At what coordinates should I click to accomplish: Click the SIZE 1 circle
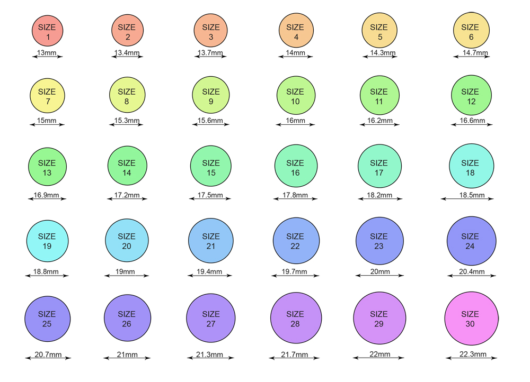[x=48, y=31]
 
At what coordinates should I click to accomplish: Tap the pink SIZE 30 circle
[x=471, y=319]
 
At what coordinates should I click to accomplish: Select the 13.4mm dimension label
[x=127, y=52]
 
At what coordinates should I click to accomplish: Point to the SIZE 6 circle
[x=470, y=31]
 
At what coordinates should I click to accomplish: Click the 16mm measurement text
[x=295, y=121]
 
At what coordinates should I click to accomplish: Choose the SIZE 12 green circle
[x=470, y=96]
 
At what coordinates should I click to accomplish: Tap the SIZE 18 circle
[x=471, y=167]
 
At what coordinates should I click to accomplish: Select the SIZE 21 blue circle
[x=211, y=241]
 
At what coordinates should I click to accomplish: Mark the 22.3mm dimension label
[x=471, y=354]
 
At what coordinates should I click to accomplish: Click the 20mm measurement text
[x=379, y=272]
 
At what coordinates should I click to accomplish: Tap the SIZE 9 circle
[x=211, y=96]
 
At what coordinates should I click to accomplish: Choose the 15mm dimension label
[x=47, y=121]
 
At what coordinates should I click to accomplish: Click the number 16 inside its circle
[x=295, y=172]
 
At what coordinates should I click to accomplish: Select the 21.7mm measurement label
[x=295, y=354]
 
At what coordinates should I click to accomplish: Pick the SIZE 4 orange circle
[x=295, y=31]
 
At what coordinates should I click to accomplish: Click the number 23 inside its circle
[x=379, y=246]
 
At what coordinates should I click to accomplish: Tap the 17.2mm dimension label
[x=127, y=195]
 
